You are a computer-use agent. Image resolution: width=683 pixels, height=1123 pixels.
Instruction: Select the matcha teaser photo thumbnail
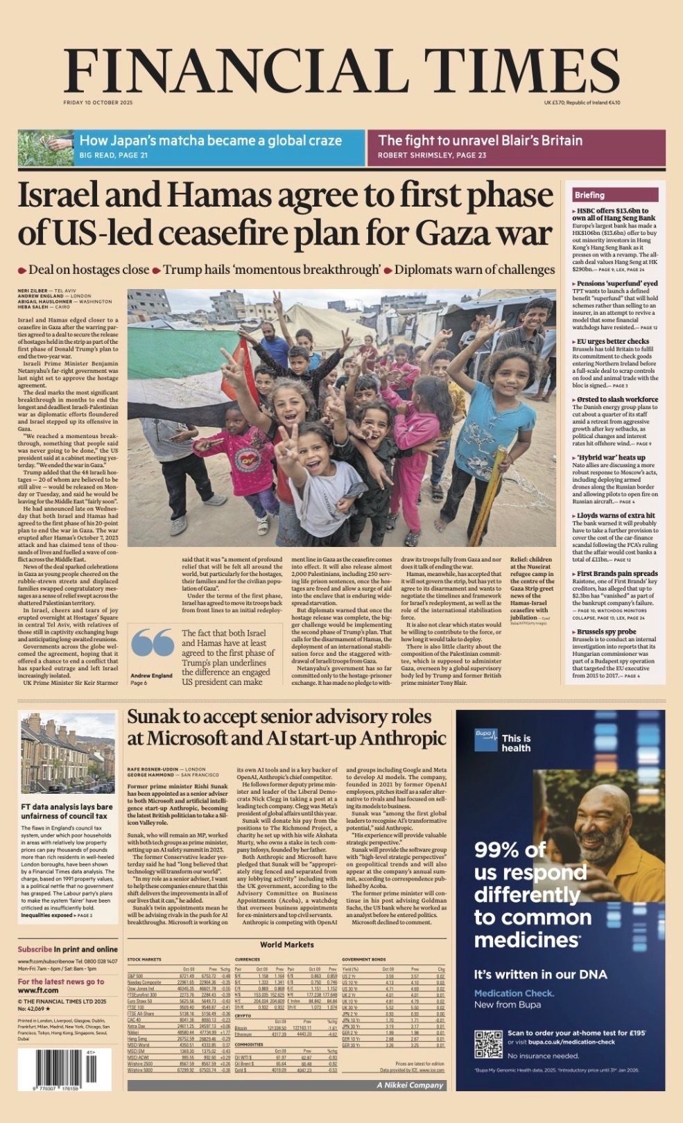(46, 148)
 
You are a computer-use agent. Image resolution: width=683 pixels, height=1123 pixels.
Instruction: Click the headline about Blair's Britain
(480, 141)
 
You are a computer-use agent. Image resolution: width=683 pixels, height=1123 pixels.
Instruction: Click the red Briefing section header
(589, 195)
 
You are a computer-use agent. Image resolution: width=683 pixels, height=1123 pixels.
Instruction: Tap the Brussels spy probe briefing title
(607, 632)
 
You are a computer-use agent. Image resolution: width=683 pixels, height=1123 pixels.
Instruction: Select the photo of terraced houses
(67, 754)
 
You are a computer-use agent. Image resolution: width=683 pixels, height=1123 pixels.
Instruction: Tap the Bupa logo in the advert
(486, 740)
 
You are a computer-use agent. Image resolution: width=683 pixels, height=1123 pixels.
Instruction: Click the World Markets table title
(286, 944)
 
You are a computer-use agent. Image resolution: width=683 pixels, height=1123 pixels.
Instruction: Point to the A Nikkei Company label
(410, 1085)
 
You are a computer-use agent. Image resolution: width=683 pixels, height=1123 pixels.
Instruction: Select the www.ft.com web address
(38, 991)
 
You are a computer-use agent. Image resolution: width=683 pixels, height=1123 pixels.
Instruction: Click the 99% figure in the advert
(510, 850)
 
